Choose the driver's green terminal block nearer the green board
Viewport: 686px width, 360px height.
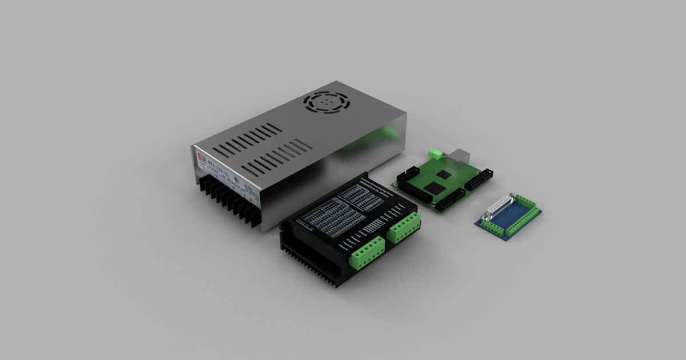404,227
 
